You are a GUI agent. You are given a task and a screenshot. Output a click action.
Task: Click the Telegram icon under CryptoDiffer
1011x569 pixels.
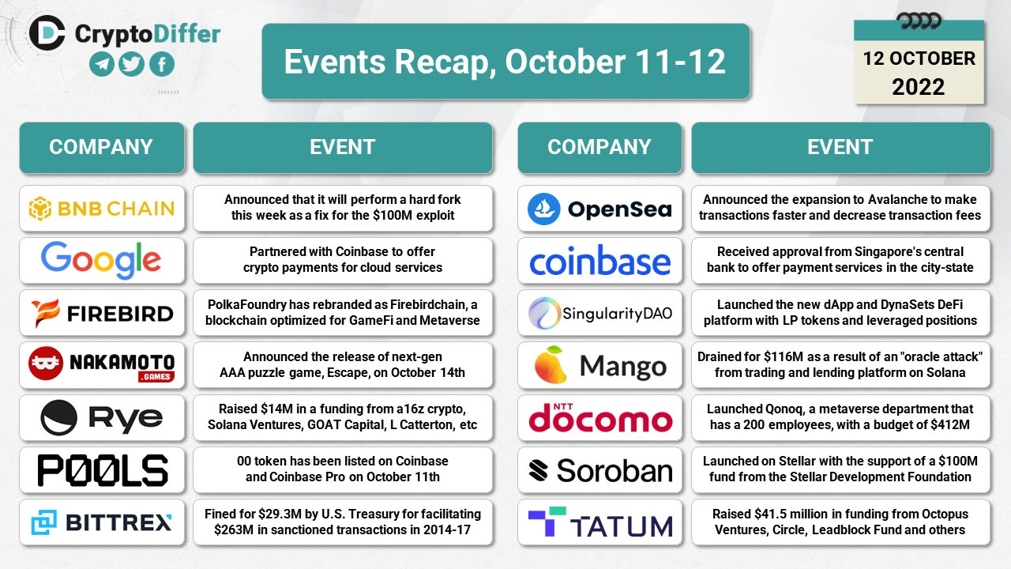102,65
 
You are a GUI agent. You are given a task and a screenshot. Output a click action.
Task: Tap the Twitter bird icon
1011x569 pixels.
132,65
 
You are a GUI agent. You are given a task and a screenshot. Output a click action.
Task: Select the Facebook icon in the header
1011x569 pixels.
162,65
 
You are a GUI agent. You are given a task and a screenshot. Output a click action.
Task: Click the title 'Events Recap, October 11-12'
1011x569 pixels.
505,62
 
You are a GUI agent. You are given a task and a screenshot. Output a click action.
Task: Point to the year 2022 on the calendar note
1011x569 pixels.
919,86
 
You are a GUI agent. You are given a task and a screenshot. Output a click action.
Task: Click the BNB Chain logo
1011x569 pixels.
102,209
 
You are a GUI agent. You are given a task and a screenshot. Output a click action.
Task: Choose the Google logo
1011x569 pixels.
102,261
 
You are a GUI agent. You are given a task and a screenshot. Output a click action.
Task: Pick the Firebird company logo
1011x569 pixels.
102,313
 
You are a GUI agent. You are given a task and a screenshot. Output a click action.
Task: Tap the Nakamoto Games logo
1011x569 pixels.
102,365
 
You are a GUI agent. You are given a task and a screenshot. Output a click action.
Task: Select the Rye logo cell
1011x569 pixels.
102,418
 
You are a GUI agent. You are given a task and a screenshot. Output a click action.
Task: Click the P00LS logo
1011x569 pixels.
102,470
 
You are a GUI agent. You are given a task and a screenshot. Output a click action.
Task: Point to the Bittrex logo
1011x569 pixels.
102,522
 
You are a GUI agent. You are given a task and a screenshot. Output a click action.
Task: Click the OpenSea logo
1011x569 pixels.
599,209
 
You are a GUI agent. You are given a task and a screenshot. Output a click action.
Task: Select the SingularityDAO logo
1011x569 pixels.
599,313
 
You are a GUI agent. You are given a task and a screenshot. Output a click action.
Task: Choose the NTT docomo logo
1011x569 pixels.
599,418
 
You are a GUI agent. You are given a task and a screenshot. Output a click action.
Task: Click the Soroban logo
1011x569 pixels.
599,470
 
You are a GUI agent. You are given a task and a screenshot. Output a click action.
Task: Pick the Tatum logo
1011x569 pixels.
599,522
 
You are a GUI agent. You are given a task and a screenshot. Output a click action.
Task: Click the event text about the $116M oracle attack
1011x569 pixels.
840,365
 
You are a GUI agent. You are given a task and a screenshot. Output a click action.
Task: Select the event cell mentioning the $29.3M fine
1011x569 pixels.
343,522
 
